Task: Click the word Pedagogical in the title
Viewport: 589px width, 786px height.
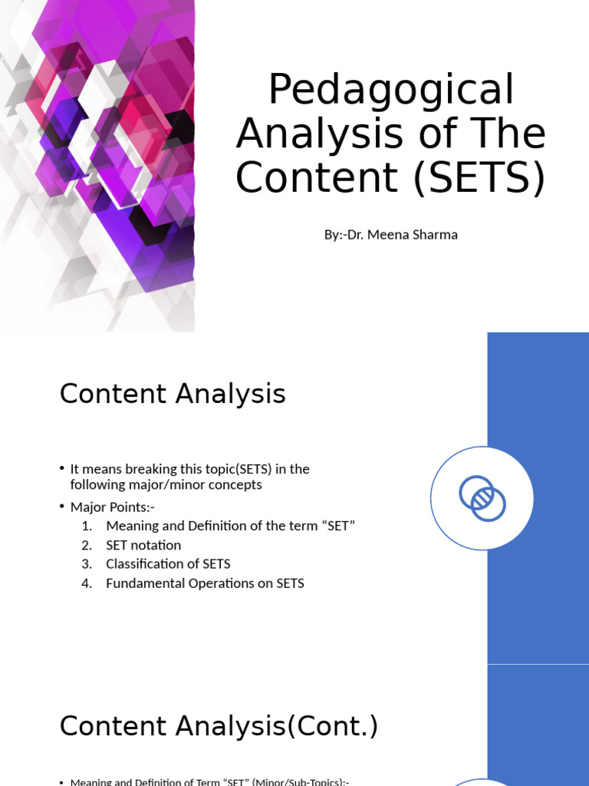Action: pos(391,91)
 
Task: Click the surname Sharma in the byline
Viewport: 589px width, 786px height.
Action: pos(436,235)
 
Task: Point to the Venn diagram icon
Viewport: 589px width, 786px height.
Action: pos(482,498)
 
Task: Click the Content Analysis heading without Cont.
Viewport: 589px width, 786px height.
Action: pos(173,394)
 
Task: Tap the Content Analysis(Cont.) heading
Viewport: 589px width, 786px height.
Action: pos(219,725)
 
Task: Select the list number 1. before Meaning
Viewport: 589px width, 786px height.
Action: pos(87,526)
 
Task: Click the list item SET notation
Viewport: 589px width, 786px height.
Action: pos(143,545)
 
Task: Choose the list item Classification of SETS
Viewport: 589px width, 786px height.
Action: pos(168,564)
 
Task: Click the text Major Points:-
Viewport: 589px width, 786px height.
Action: pos(113,507)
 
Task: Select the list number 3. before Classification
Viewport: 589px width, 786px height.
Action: pos(87,564)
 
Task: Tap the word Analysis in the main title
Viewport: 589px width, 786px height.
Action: pos(322,134)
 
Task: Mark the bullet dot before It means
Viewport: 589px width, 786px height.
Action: pos(62,469)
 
